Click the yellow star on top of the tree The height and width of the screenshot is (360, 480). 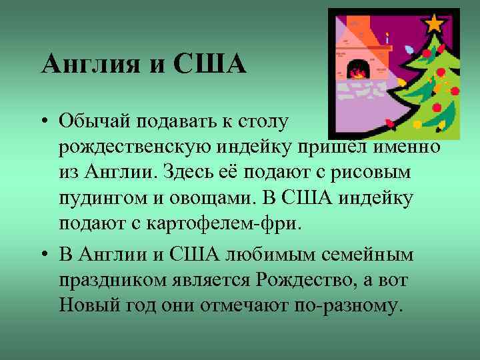point(434,23)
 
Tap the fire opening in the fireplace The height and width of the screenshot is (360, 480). point(357,69)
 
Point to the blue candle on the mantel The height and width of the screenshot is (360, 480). point(387,38)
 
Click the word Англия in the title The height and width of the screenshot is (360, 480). point(87,64)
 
